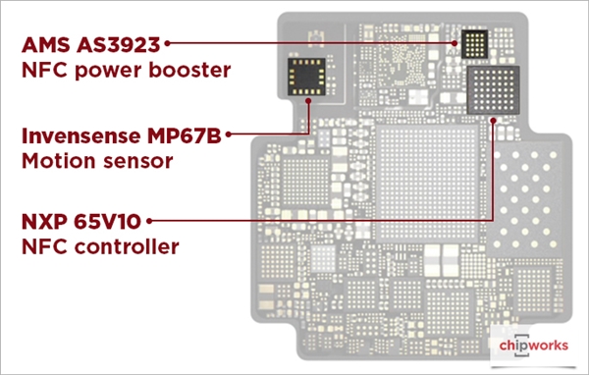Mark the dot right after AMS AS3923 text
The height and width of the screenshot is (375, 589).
[169, 44]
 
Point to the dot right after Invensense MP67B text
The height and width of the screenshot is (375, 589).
[229, 134]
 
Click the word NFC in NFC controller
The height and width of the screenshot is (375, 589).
[42, 247]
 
